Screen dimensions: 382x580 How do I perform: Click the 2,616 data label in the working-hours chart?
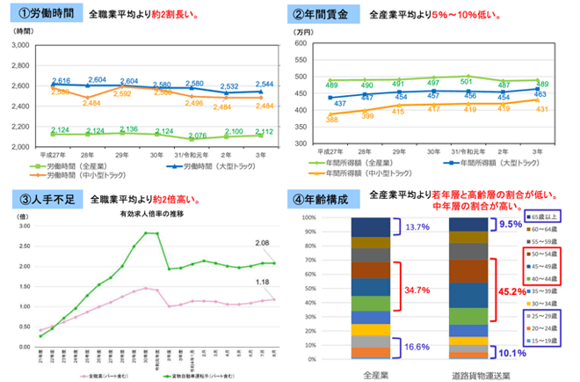point(61,79)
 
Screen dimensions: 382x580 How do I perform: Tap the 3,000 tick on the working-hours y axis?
point(19,45)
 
